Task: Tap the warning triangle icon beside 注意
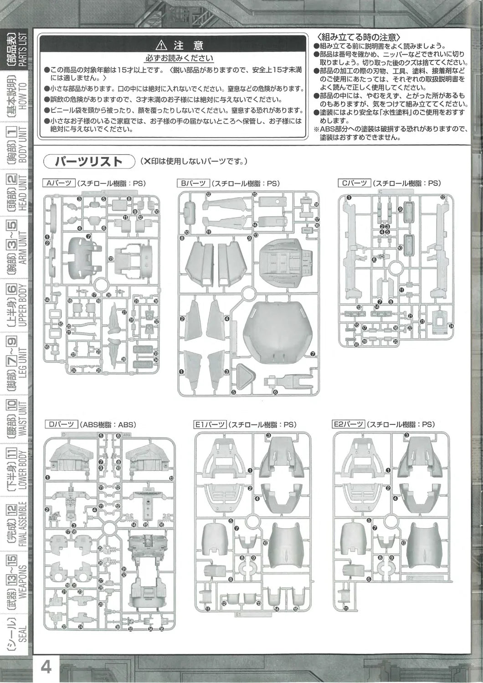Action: (163, 45)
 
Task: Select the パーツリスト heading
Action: (88, 161)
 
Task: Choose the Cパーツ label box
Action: (355, 183)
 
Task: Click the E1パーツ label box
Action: (210, 424)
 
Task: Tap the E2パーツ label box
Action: (349, 424)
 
